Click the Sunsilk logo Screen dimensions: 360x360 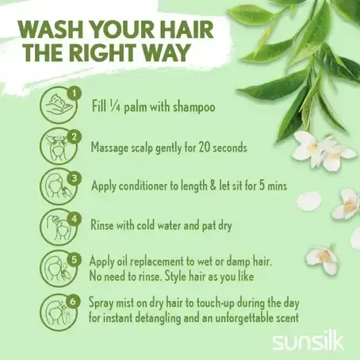point(308,343)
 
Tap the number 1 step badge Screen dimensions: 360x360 point(75,94)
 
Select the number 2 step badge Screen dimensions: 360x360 point(75,137)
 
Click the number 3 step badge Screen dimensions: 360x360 point(75,178)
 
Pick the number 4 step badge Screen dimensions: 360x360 point(75,219)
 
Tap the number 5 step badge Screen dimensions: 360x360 point(75,259)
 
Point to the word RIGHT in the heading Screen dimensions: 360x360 point(105,52)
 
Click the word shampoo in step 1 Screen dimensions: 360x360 point(193,107)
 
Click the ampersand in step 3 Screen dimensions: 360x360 point(213,186)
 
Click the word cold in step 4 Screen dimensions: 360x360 point(146,225)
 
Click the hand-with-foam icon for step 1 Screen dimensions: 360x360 point(59,105)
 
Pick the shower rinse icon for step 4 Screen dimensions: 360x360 point(59,227)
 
